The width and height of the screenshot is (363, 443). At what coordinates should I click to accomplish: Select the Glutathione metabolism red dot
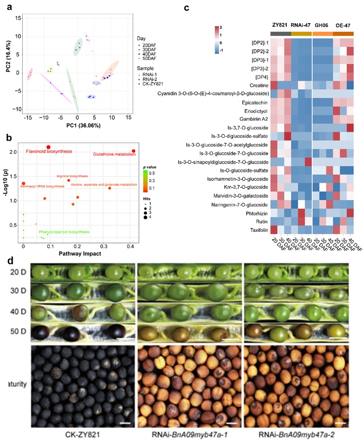[133, 151]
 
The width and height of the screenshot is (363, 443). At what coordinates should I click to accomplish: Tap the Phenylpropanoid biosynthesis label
[64, 232]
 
